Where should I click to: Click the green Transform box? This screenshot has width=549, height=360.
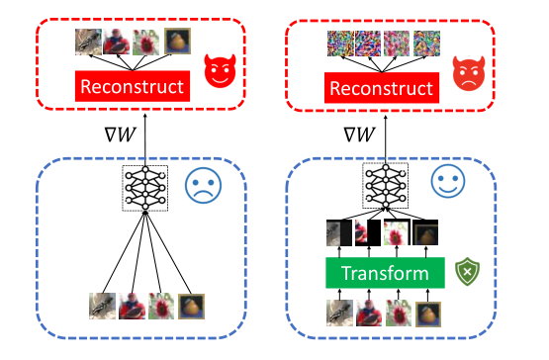pyautogui.click(x=385, y=273)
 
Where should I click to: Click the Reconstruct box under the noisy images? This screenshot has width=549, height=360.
pyautogui.click(x=382, y=88)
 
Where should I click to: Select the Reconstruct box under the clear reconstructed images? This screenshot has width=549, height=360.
pyautogui.click(x=133, y=86)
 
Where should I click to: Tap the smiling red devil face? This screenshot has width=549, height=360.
pyautogui.click(x=220, y=71)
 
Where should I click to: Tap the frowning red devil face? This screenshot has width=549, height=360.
pyautogui.click(x=469, y=73)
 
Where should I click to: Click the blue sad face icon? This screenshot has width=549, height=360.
pyautogui.click(x=203, y=186)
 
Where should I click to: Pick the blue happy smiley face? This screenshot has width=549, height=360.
pyautogui.click(x=448, y=181)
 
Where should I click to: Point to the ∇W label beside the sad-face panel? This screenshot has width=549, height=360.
pyautogui.click(x=120, y=135)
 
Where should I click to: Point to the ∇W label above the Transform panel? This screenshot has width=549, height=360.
pyautogui.click(x=360, y=135)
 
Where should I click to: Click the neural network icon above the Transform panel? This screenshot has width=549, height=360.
pyautogui.click(x=385, y=186)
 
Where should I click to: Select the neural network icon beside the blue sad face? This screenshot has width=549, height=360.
pyautogui.click(x=145, y=188)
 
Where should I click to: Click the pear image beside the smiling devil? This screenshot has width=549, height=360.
pyautogui.click(x=177, y=42)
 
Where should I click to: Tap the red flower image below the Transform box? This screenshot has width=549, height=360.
pyautogui.click(x=399, y=313)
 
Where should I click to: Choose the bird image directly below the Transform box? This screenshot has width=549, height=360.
pyautogui.click(x=339, y=313)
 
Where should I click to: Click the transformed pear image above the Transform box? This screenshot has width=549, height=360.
pyautogui.click(x=425, y=232)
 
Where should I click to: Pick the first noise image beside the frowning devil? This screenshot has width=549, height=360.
pyautogui.click(x=340, y=44)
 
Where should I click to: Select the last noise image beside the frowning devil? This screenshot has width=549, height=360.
pyautogui.click(x=426, y=44)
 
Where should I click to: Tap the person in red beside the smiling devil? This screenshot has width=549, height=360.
pyautogui.click(x=117, y=42)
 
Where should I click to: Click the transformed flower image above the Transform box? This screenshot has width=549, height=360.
pyautogui.click(x=397, y=232)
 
